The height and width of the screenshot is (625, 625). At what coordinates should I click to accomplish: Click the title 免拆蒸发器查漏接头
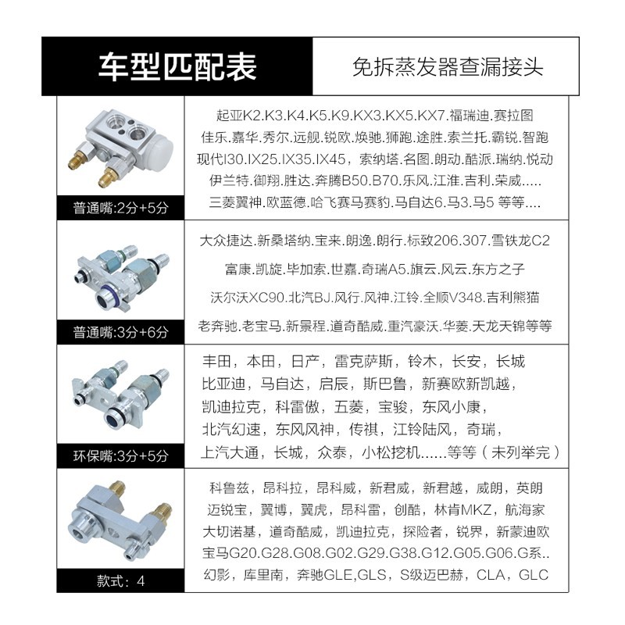[x=447, y=66]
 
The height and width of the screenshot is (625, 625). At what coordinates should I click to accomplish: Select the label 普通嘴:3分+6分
[x=120, y=331]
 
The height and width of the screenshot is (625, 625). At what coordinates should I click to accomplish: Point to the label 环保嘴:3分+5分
[x=120, y=452]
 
